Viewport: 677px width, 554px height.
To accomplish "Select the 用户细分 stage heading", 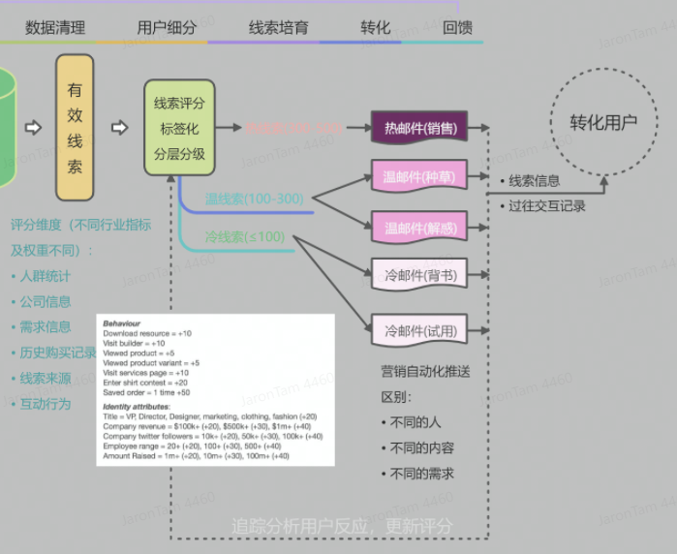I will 166,27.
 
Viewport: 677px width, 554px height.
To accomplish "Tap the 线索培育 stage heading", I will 278,27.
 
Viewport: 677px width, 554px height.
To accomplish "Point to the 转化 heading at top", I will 375,27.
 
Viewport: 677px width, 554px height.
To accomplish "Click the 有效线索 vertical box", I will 75,128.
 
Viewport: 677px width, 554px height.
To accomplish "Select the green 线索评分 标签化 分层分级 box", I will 179,128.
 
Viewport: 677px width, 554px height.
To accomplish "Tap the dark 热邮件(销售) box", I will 419,128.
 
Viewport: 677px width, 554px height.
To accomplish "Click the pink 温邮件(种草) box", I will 419,177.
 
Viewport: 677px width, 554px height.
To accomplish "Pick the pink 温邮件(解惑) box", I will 419,228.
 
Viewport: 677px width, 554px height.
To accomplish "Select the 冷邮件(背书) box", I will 419,276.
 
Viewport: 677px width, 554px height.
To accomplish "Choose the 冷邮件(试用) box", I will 419,332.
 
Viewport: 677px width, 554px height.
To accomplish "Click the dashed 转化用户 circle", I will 602,123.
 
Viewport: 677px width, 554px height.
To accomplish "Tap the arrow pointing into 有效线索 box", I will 33,128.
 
